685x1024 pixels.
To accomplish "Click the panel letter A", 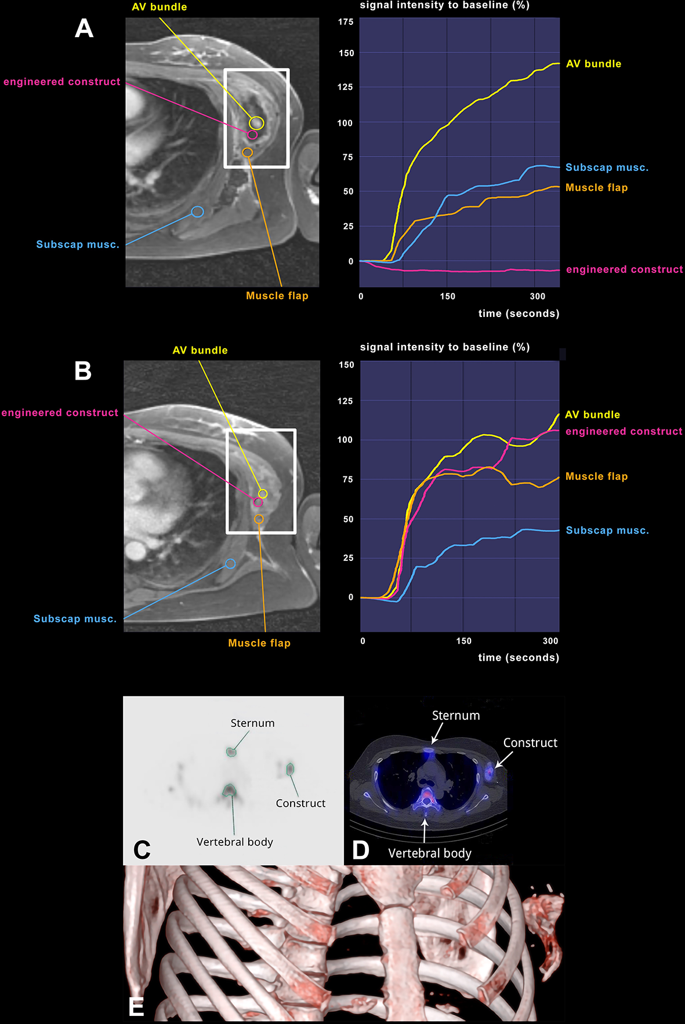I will (84, 28).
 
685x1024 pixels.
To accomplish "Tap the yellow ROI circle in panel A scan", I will (256, 123).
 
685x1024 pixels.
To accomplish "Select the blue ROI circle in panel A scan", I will (197, 212).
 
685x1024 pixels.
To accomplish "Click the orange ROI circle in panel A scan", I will (248, 152).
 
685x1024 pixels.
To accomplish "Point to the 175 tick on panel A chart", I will (346, 22).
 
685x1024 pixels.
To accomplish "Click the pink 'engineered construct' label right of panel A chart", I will (624, 269).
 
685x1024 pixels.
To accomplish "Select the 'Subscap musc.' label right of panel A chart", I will (607, 167).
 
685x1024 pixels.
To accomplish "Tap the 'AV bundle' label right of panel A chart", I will (593, 64).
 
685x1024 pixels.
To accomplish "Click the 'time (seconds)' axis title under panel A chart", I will (519, 314).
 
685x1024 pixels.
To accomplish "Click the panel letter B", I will (83, 371).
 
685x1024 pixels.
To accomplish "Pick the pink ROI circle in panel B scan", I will (258, 502).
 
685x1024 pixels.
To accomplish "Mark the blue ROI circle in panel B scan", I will (230, 564).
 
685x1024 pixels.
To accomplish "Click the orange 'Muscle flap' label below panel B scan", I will (259, 643).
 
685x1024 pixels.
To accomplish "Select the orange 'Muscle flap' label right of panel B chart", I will (596, 476).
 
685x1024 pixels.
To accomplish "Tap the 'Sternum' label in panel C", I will (252, 723).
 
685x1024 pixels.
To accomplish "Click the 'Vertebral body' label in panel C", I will (234, 842).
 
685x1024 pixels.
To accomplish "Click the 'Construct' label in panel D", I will (530, 743).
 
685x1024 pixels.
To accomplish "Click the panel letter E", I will (136, 1007).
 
